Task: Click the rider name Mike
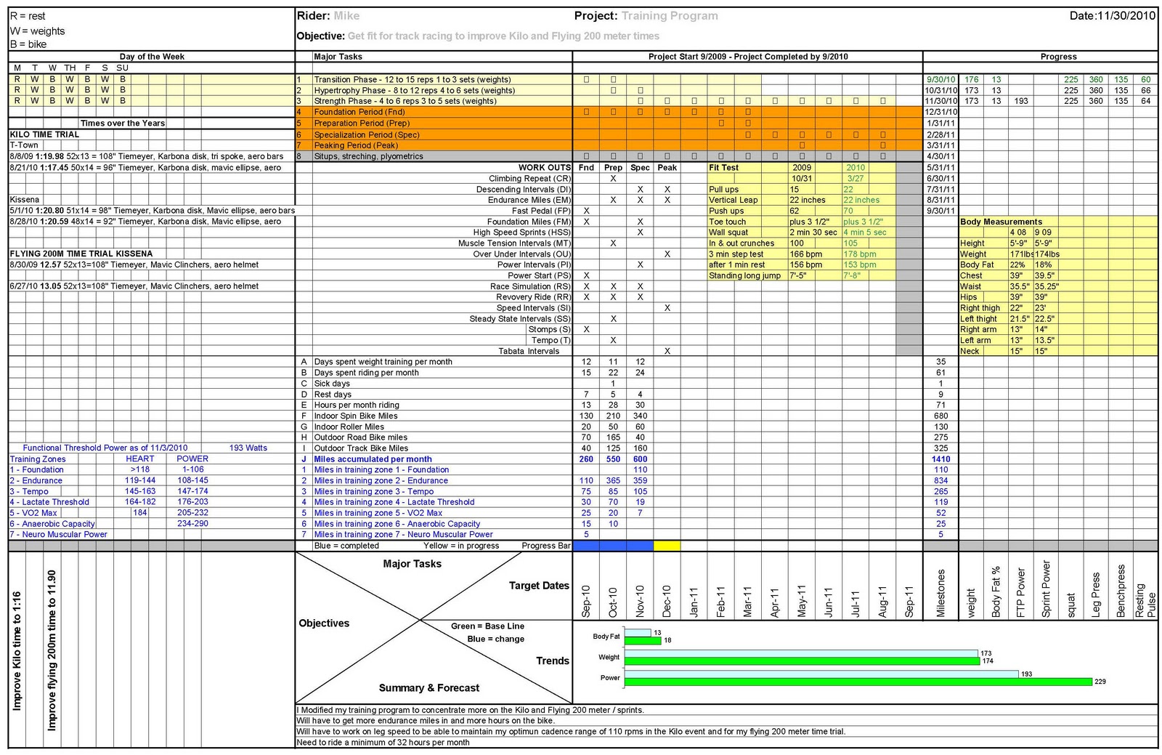point(346,16)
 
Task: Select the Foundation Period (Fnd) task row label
point(359,112)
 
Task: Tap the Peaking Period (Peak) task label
point(356,145)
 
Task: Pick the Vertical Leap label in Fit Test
point(733,200)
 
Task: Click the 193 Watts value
point(248,448)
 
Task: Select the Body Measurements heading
point(1001,222)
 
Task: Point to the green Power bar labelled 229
point(858,682)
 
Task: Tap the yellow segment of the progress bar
point(667,546)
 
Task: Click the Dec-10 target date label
point(667,601)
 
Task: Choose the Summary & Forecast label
point(428,687)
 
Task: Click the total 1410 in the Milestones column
point(940,459)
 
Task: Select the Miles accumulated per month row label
point(373,459)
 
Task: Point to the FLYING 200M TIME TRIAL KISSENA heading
point(81,254)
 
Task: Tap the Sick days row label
point(332,383)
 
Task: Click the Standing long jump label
point(744,275)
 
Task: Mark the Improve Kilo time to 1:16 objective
point(17,650)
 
